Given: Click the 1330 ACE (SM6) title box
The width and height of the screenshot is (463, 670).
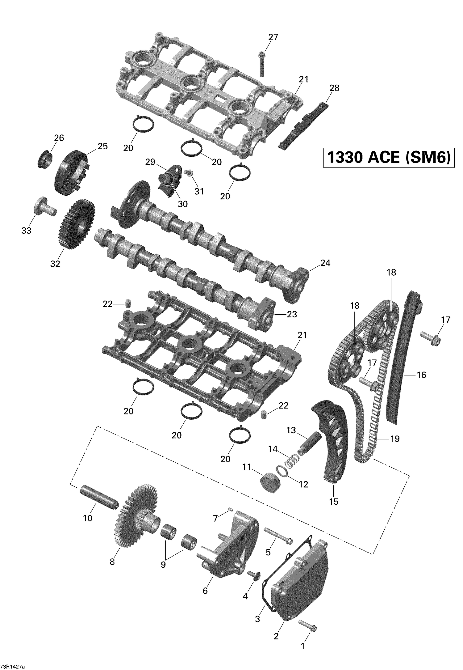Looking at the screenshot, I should (x=389, y=158).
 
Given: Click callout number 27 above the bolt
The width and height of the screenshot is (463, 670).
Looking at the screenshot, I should (x=273, y=37).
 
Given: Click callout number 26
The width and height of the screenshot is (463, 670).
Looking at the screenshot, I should (x=59, y=138).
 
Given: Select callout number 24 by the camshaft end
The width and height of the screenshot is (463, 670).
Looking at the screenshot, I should (x=325, y=263).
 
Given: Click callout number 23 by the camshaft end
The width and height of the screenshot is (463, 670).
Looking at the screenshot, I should (x=292, y=314).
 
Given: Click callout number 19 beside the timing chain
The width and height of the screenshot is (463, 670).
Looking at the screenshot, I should (x=394, y=439).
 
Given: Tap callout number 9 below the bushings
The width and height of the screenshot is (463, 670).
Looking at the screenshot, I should (x=163, y=564).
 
